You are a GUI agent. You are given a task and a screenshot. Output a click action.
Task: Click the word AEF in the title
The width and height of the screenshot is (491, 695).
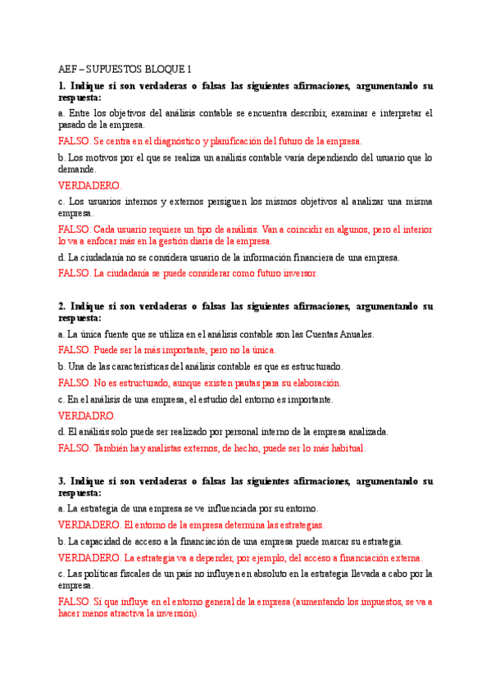pyautogui.click(x=68, y=69)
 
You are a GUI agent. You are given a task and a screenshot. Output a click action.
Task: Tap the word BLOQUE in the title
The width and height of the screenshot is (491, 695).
pyautogui.click(x=163, y=69)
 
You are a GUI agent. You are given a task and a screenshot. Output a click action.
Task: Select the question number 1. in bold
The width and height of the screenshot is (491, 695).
pyautogui.click(x=62, y=86)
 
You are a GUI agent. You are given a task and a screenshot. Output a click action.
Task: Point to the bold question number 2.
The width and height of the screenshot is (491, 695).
pyautogui.click(x=62, y=307)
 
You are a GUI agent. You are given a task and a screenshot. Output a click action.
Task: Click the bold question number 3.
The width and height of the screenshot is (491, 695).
pyautogui.click(x=62, y=481)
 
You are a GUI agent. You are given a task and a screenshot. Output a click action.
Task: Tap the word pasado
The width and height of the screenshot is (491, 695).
pyautogui.click(x=72, y=125)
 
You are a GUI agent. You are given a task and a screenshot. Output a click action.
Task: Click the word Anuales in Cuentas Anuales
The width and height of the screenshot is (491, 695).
pyautogui.click(x=357, y=334)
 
